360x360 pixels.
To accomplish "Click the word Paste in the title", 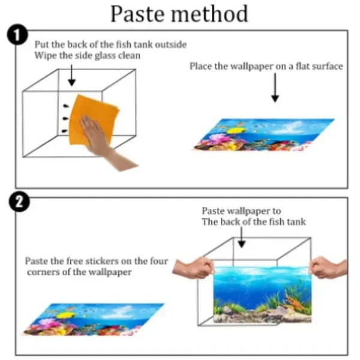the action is tap(137, 14).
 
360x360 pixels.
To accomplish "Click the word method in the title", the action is tap(210, 14).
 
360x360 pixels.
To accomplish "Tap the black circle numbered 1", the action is tap(17, 35).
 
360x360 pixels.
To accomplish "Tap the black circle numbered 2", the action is tap(19, 202).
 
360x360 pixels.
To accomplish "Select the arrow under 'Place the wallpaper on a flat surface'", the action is tap(275, 87).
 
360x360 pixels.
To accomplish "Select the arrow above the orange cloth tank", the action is tap(72, 76).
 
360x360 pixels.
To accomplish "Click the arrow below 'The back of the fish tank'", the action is tap(241, 238).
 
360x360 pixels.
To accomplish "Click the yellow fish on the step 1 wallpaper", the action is tap(235, 131).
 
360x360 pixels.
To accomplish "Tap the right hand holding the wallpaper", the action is tap(329, 267).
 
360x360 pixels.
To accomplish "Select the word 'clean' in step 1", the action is tap(129, 56).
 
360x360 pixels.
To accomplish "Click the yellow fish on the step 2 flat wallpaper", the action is tap(65, 315).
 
